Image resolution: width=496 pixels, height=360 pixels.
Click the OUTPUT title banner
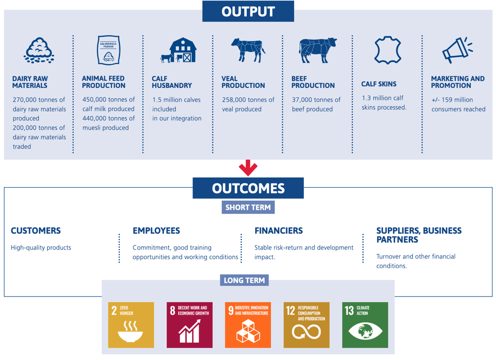[248, 12]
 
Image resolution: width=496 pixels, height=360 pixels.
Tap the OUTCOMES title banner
[248, 188]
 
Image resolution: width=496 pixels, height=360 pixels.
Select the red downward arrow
[248, 168]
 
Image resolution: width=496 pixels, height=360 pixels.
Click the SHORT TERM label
[248, 208]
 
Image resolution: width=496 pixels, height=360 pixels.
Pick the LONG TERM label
[244, 280]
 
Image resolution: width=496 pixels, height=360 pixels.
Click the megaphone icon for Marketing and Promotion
[457, 50]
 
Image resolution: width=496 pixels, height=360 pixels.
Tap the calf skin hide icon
[388, 50]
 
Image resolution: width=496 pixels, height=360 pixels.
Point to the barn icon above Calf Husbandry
[178, 50]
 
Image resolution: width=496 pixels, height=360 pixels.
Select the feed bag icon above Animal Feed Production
[108, 50]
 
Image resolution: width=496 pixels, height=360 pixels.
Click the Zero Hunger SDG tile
[131, 325]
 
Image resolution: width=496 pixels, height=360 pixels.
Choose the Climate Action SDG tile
[365, 325]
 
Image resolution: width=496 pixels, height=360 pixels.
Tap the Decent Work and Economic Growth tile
[189, 325]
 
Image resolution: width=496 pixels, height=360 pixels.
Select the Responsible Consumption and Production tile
[307, 325]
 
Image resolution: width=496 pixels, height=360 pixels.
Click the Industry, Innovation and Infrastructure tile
[248, 325]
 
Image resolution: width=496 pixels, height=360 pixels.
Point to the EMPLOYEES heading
[156, 231]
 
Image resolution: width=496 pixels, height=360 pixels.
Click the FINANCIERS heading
[279, 231]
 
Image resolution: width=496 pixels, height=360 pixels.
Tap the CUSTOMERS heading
[36, 231]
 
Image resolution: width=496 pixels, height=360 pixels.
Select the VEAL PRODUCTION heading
[243, 82]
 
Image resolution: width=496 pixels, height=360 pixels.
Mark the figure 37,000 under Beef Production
[302, 99]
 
